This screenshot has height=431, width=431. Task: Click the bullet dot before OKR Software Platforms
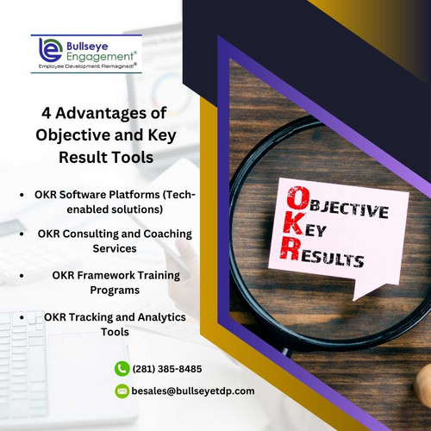click(21, 196)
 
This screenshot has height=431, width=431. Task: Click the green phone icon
click(122, 369)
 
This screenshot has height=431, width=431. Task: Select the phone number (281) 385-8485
click(167, 369)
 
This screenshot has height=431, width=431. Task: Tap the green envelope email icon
click(122, 391)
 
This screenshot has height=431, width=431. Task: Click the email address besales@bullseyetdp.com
click(193, 391)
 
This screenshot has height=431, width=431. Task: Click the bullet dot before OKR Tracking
click(21, 317)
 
